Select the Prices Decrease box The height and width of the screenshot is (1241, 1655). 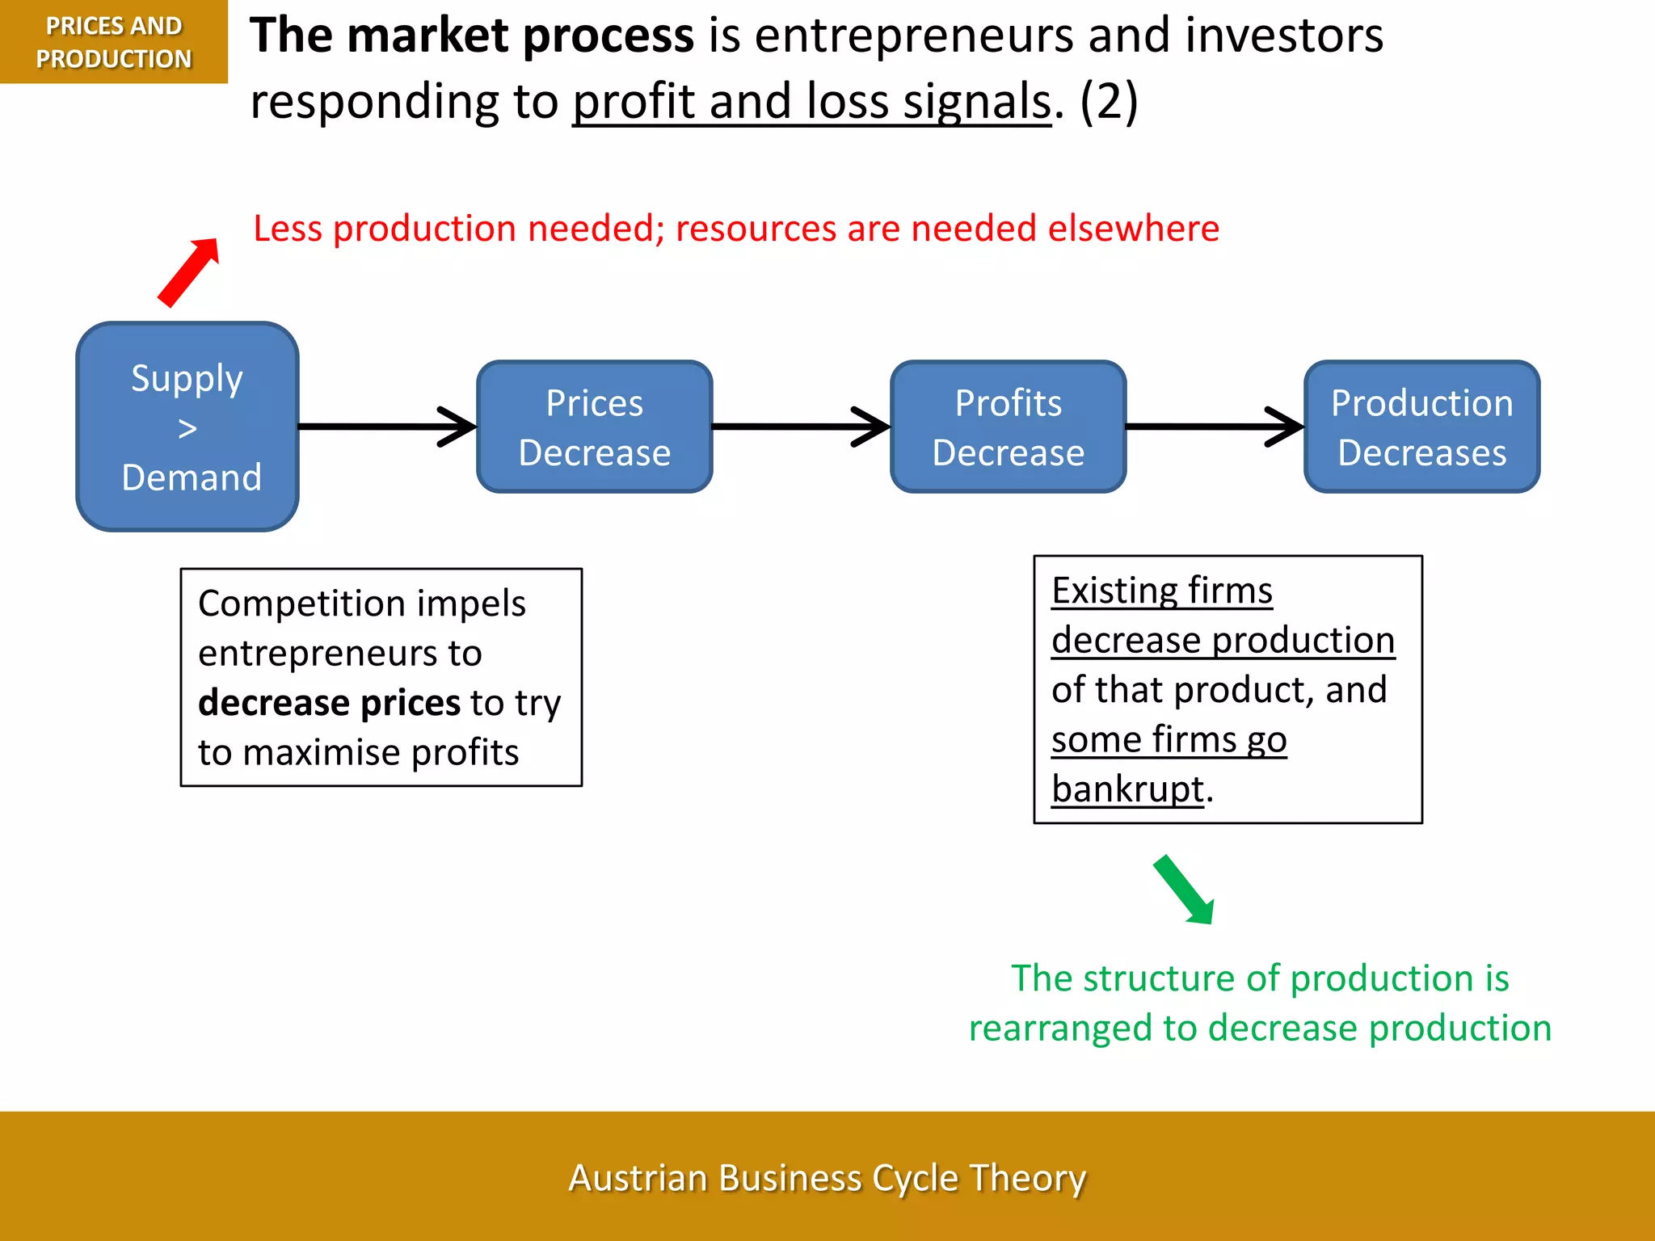(x=594, y=427)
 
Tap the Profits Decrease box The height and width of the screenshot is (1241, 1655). (x=1008, y=427)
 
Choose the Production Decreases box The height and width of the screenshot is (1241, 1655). (x=1421, y=427)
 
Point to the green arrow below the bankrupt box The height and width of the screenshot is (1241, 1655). (x=1184, y=890)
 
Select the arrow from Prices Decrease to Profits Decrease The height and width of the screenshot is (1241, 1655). (x=800, y=427)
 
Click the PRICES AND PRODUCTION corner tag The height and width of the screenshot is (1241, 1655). (x=113, y=42)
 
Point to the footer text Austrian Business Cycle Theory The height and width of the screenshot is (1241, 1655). (x=827, y=1177)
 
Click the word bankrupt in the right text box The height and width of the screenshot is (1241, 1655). (x=1127, y=789)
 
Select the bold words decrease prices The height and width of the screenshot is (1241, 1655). (x=330, y=703)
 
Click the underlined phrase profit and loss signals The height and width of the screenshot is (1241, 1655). (x=812, y=102)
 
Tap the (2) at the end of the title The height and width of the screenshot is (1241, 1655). (x=1109, y=102)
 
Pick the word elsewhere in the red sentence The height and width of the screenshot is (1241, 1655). (x=1133, y=229)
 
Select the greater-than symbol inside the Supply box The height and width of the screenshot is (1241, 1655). (x=187, y=428)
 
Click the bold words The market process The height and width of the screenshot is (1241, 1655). (x=472, y=36)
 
